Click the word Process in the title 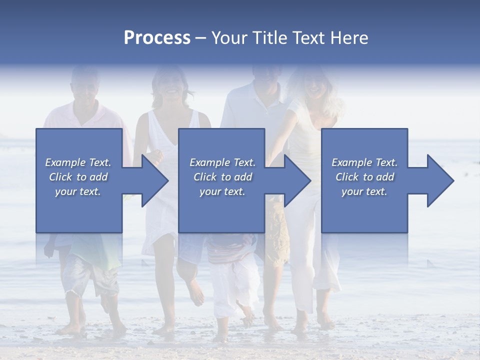[x=157, y=38]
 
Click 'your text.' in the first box [x=78, y=191]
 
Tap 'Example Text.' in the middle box [x=222, y=162]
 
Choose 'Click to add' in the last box [x=364, y=177]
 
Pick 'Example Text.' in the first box [x=78, y=162]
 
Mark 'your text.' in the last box [x=364, y=191]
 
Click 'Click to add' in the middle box [x=222, y=177]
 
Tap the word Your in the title [x=230, y=38]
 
